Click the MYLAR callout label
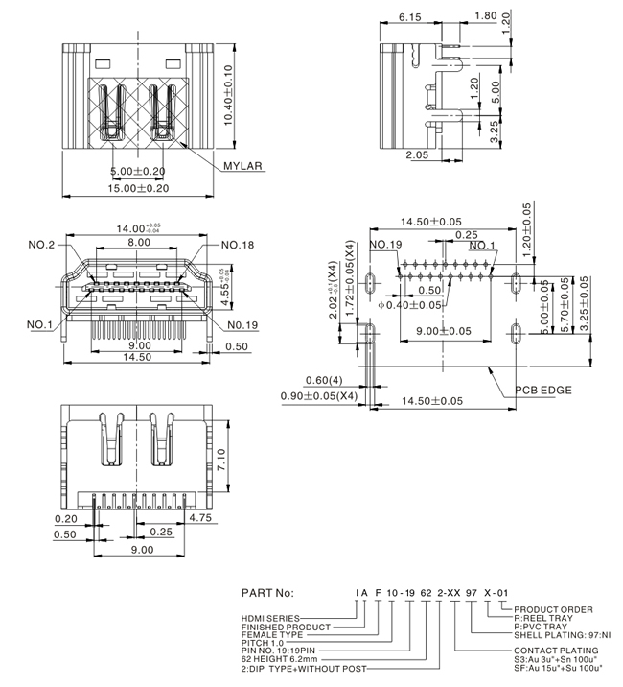click(242, 165)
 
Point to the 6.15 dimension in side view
click(410, 17)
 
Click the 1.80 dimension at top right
click(485, 17)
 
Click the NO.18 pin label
click(237, 245)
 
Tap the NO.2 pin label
click(40, 245)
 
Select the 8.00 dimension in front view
click(139, 244)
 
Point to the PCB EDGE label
click(542, 391)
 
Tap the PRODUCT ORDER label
click(554, 609)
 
